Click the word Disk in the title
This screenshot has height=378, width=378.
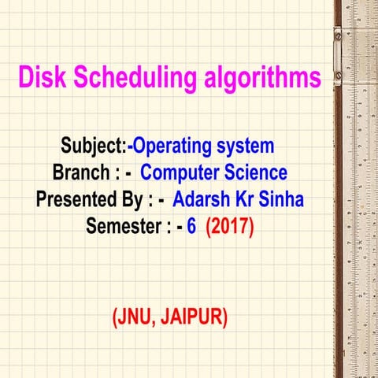coord(42,78)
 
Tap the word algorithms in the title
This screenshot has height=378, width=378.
coord(254,78)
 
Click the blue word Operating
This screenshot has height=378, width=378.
coord(176,146)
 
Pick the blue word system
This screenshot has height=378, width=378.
coord(246,146)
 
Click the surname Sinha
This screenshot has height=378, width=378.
coord(283,200)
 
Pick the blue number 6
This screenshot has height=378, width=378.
coord(191,227)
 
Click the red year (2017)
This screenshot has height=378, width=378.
coord(230,227)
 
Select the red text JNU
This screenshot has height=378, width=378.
coord(136,317)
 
